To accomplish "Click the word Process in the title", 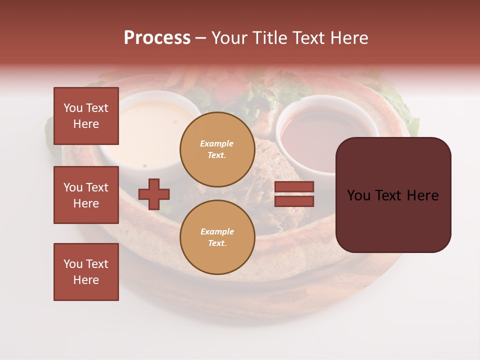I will tap(157, 38).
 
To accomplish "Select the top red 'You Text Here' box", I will tap(86, 116).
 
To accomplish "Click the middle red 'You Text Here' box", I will tap(86, 195).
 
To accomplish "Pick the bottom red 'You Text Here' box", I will tap(86, 272).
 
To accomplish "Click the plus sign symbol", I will tap(154, 194).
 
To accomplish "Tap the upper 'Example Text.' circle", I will tap(217, 149).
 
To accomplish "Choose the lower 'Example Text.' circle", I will tap(217, 237).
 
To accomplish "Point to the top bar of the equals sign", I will tap(294, 187).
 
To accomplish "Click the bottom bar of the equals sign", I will tap(294, 201).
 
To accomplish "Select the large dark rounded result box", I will tap(393, 194).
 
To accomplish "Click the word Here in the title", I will tap(348, 38).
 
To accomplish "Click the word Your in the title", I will tap(229, 38).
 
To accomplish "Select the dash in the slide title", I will tap(201, 38).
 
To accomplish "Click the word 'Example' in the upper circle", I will tap(217, 144).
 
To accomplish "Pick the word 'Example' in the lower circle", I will tap(217, 232).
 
